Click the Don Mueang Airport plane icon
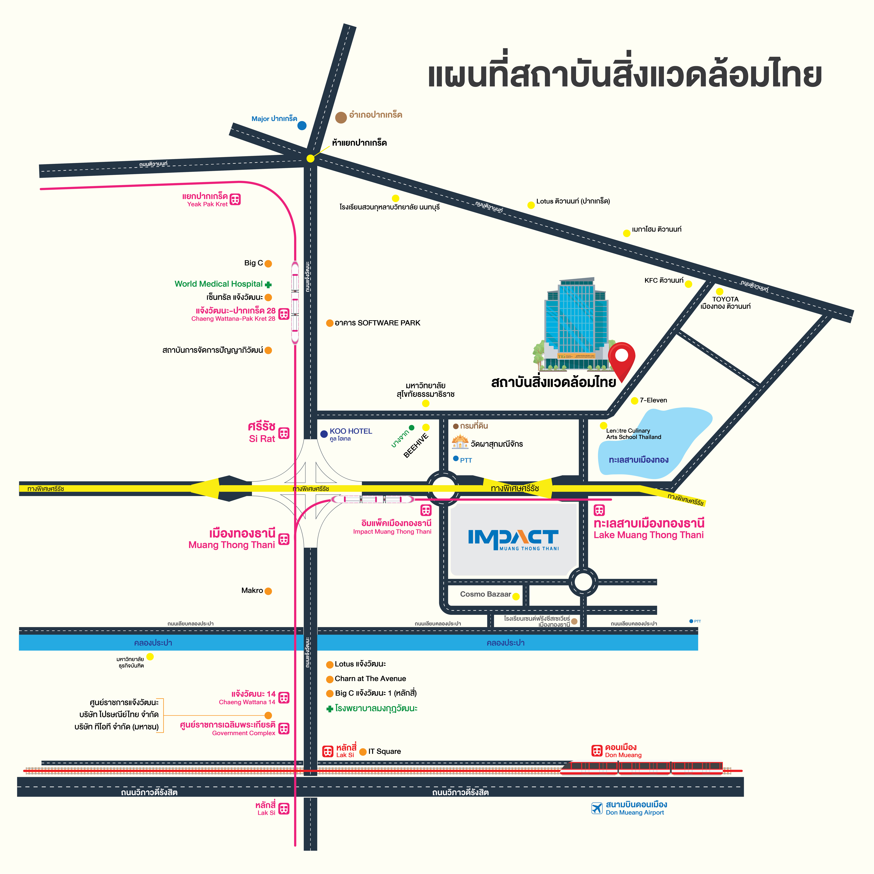(x=597, y=808)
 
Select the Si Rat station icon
(x=284, y=433)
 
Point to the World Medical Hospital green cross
(x=268, y=285)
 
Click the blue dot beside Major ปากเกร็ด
(x=302, y=125)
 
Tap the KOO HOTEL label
(x=351, y=431)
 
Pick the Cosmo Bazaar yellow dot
(x=516, y=596)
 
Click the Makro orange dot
(x=268, y=591)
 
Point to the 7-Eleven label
(x=653, y=400)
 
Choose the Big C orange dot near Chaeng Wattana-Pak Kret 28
(x=268, y=263)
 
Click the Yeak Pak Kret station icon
(x=235, y=199)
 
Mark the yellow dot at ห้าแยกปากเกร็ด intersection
(x=310, y=158)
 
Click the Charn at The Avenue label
(x=370, y=679)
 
